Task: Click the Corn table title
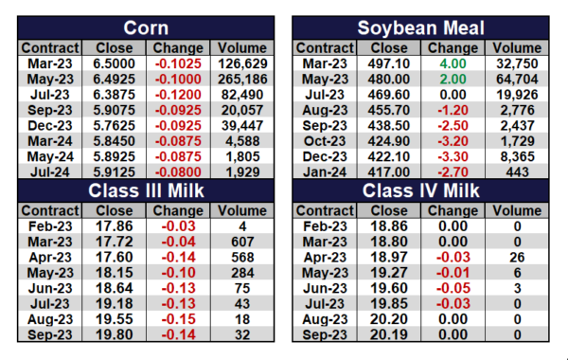click(146, 27)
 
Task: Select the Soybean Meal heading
click(420, 27)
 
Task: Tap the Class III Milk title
click(146, 190)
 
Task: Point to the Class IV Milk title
click(420, 190)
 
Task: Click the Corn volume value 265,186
click(242, 79)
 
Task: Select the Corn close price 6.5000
click(114, 63)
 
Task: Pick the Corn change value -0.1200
click(178, 95)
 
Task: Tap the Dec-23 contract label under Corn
click(50, 125)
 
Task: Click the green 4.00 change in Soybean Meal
click(453, 63)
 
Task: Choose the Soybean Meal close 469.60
click(389, 95)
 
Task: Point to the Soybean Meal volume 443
click(517, 171)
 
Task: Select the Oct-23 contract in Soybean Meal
click(325, 141)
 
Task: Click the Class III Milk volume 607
click(242, 242)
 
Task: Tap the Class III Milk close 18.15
click(114, 273)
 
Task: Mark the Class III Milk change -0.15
click(178, 319)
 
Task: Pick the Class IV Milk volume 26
click(517, 257)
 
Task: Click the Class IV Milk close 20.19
click(389, 334)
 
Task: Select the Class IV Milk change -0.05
click(453, 288)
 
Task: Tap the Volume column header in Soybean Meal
click(517, 48)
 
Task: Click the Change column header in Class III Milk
click(178, 210)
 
